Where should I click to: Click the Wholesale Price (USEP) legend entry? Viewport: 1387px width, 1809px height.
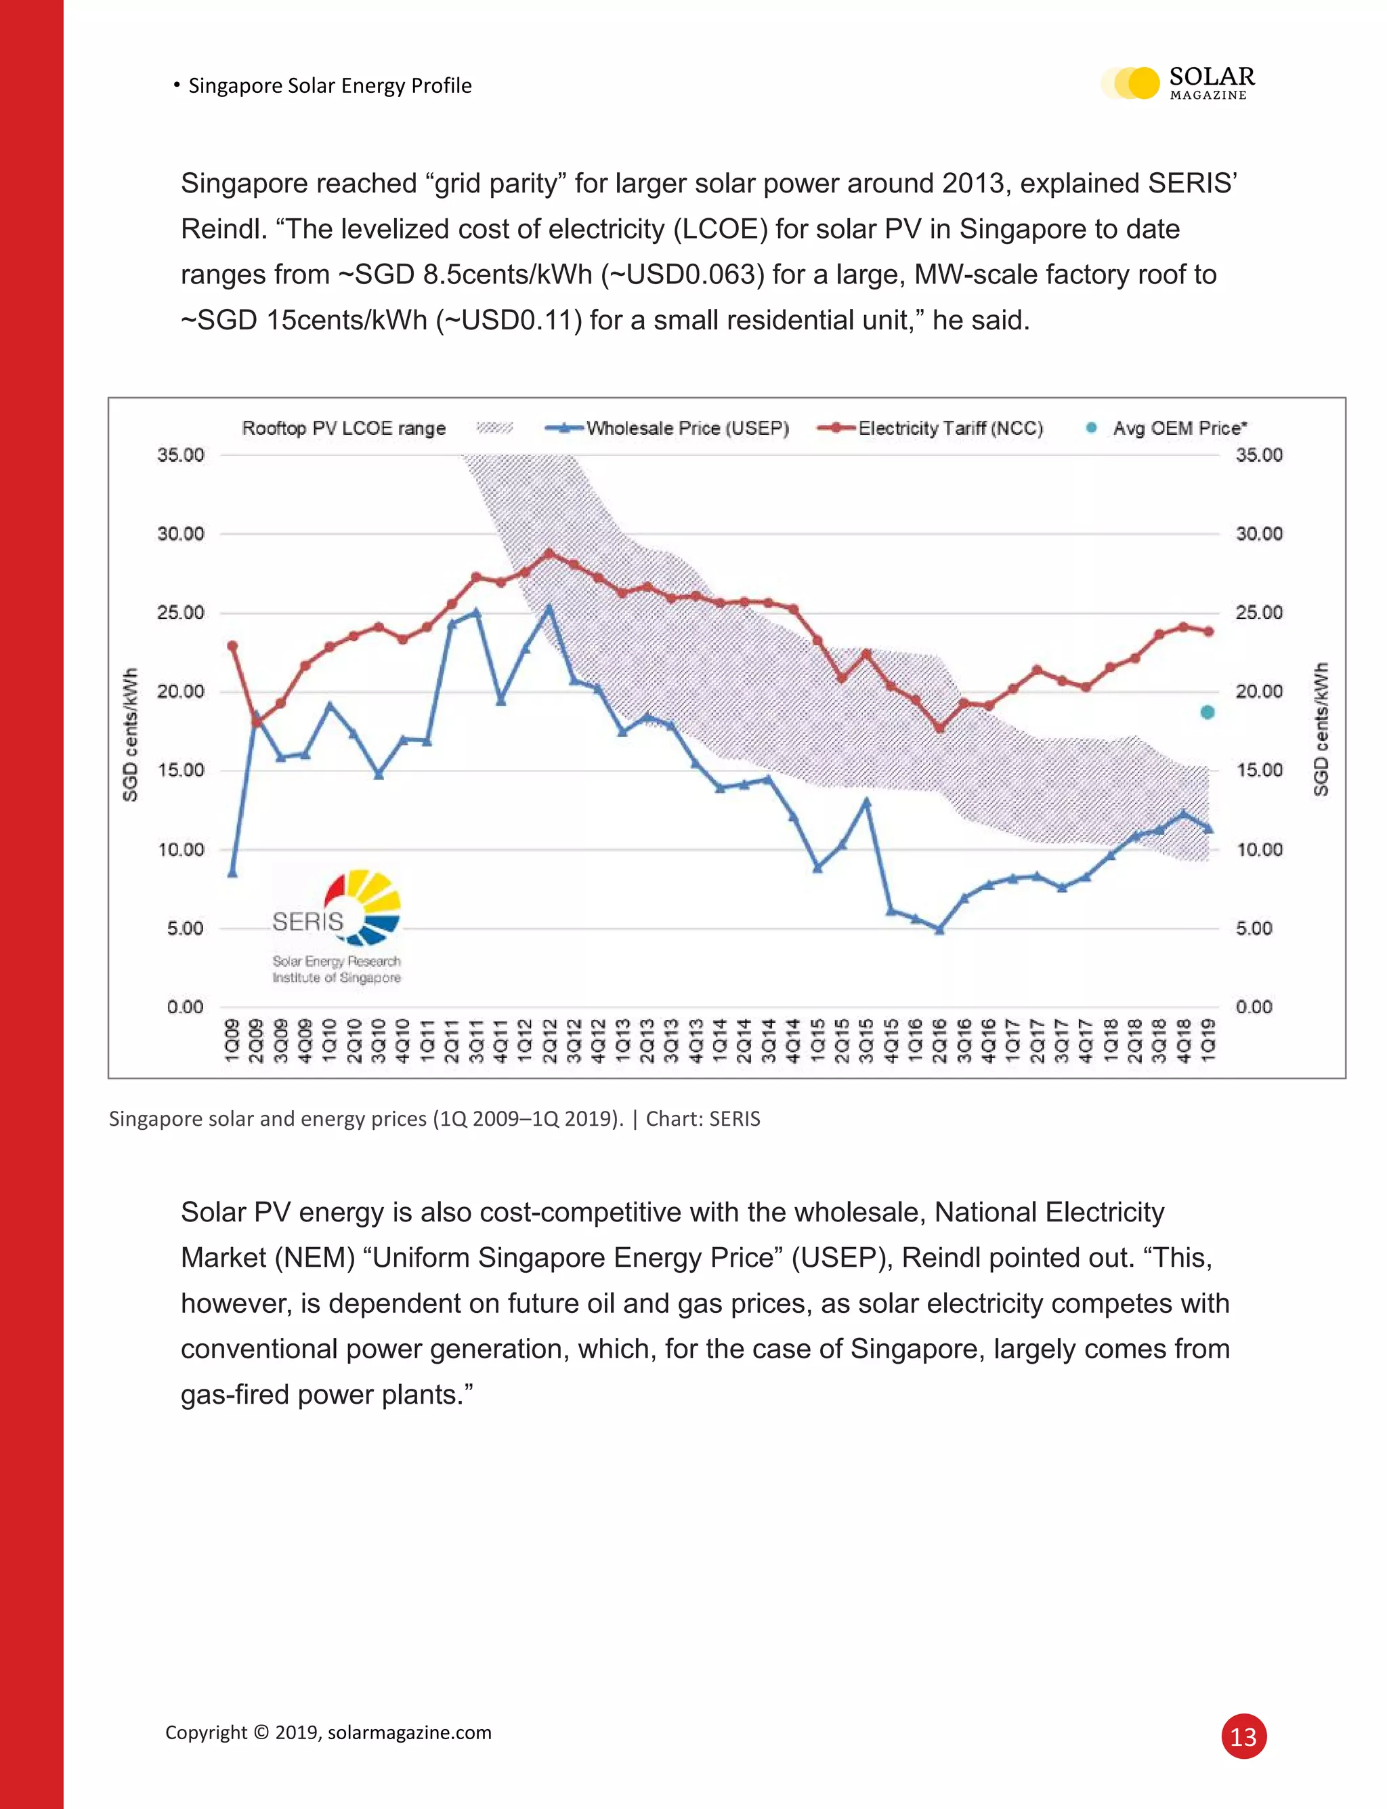coord(667,428)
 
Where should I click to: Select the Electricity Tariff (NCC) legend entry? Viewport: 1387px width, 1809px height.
coord(931,428)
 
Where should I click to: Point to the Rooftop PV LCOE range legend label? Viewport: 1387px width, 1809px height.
coord(343,428)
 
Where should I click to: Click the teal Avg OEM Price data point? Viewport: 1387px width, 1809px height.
coord(1207,712)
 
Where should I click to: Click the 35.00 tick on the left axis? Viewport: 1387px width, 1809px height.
coord(181,455)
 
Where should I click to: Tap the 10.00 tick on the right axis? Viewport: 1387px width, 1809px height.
coord(1259,849)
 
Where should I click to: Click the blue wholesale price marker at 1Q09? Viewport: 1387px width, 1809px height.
coord(232,872)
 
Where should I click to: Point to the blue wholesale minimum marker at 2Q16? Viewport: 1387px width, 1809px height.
coord(939,929)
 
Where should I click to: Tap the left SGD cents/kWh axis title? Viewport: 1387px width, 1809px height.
coord(129,734)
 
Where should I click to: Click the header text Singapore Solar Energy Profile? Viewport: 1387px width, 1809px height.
coord(329,86)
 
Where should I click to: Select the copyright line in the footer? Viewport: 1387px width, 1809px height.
coord(328,1732)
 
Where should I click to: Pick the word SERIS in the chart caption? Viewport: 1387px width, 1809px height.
coord(735,1118)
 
